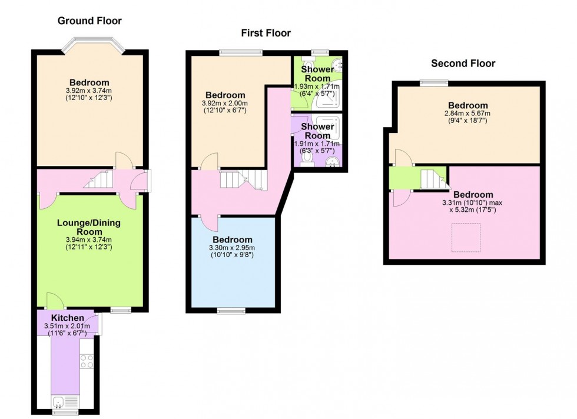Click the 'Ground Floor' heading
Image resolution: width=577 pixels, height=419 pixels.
[89, 21]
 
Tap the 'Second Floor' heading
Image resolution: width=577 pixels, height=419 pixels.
[463, 64]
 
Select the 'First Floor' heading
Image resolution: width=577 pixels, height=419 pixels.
[266, 33]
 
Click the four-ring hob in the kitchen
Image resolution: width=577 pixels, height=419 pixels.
[87, 360]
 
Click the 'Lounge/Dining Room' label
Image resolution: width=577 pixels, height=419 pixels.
[89, 228]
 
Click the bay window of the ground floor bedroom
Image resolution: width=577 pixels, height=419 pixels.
[94, 45]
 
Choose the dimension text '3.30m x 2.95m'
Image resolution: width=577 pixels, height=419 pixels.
[233, 248]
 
